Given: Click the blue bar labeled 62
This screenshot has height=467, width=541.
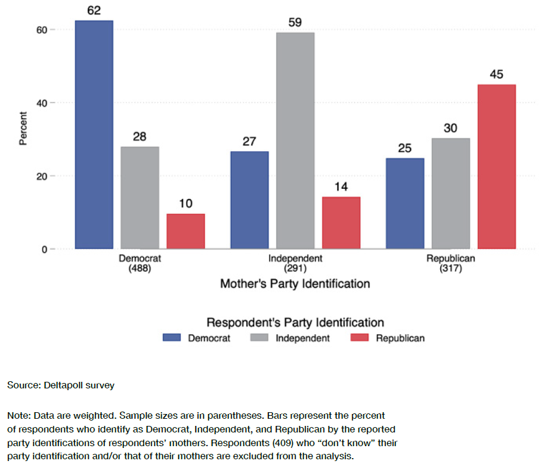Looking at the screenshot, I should tap(94, 135).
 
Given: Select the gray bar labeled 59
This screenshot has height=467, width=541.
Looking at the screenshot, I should tap(295, 141).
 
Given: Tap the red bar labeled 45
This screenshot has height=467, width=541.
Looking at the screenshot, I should tap(496, 167).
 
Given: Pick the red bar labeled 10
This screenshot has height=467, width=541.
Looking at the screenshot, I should tap(186, 231).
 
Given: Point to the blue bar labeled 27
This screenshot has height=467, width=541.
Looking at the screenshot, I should tap(249, 200).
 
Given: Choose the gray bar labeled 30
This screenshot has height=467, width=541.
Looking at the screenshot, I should tap(451, 194).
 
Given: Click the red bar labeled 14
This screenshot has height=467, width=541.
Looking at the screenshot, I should tap(341, 223).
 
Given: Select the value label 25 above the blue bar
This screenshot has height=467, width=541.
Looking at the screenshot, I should tap(404, 148).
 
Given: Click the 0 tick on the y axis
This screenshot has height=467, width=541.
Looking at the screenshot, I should tap(44, 250).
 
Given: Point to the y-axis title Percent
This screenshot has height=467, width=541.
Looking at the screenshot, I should tap(23, 128).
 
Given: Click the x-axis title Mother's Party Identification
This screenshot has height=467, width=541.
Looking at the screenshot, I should tap(295, 284).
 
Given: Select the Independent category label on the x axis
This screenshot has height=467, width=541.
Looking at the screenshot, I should tap(295, 259).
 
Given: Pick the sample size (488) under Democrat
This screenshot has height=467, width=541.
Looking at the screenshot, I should tap(140, 268).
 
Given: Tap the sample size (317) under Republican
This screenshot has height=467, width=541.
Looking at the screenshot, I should tap(451, 268).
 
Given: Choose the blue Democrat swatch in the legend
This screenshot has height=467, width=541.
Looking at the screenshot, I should tap(172, 338).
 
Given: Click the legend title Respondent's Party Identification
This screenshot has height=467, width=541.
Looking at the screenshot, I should tap(295, 323).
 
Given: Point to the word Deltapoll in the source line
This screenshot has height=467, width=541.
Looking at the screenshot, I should tap(63, 385).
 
